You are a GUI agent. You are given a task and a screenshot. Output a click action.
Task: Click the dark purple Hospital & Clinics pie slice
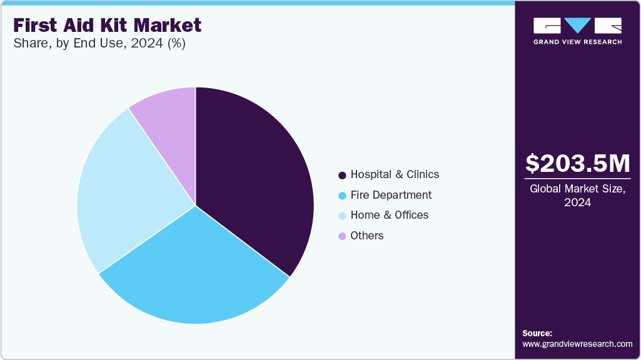(256, 175)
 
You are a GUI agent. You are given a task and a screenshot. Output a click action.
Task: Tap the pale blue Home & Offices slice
(125, 194)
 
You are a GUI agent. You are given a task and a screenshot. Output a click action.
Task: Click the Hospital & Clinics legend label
(395, 174)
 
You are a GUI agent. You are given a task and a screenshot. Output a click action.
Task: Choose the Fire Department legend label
(391, 195)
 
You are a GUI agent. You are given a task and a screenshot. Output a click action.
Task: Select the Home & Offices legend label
(390, 215)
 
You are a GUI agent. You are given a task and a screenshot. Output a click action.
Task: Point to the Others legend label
(367, 236)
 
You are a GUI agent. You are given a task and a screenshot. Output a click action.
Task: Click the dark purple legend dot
(342, 175)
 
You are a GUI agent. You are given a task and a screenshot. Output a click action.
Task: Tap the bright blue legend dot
(342, 196)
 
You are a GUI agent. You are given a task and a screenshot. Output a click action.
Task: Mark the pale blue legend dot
(342, 216)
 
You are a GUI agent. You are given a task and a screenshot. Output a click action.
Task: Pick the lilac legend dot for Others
(342, 236)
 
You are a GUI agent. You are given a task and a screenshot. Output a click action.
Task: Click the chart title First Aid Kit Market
(106, 25)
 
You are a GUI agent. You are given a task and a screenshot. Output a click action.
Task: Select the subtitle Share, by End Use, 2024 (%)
(98, 44)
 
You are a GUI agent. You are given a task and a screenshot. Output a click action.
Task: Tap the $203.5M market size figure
(577, 163)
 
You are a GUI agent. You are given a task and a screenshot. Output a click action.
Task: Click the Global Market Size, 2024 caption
(577, 196)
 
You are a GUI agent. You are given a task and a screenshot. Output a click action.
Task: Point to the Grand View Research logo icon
(577, 26)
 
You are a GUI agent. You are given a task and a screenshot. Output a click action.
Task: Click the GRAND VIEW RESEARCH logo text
(577, 42)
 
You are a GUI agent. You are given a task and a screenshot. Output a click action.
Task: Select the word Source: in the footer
(537, 333)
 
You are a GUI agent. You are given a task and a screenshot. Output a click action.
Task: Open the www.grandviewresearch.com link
(577, 344)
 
